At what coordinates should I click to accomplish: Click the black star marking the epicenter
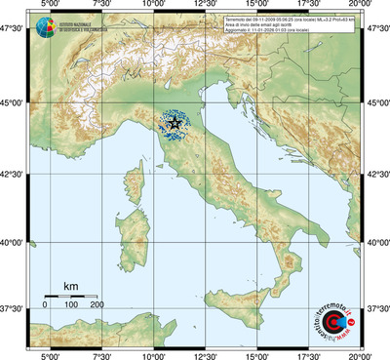click(x=175, y=124)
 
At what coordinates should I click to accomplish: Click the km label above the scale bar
click(x=70, y=286)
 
